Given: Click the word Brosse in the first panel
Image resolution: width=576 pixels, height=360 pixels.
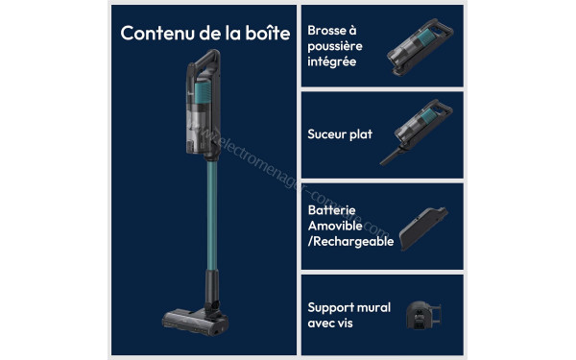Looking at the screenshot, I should pyautogui.click(x=326, y=30).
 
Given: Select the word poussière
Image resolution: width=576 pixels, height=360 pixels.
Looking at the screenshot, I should pyautogui.click(x=335, y=46).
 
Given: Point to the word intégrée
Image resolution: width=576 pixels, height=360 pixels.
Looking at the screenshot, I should pyautogui.click(x=332, y=62).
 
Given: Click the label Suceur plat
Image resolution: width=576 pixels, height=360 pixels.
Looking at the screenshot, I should pyautogui.click(x=340, y=134).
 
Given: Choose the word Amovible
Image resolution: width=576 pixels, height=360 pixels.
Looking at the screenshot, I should pyautogui.click(x=333, y=225).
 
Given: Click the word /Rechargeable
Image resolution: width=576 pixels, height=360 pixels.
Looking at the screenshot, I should pyautogui.click(x=350, y=241).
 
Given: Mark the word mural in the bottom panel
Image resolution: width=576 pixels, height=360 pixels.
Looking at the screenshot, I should pyautogui.click(x=374, y=307).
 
